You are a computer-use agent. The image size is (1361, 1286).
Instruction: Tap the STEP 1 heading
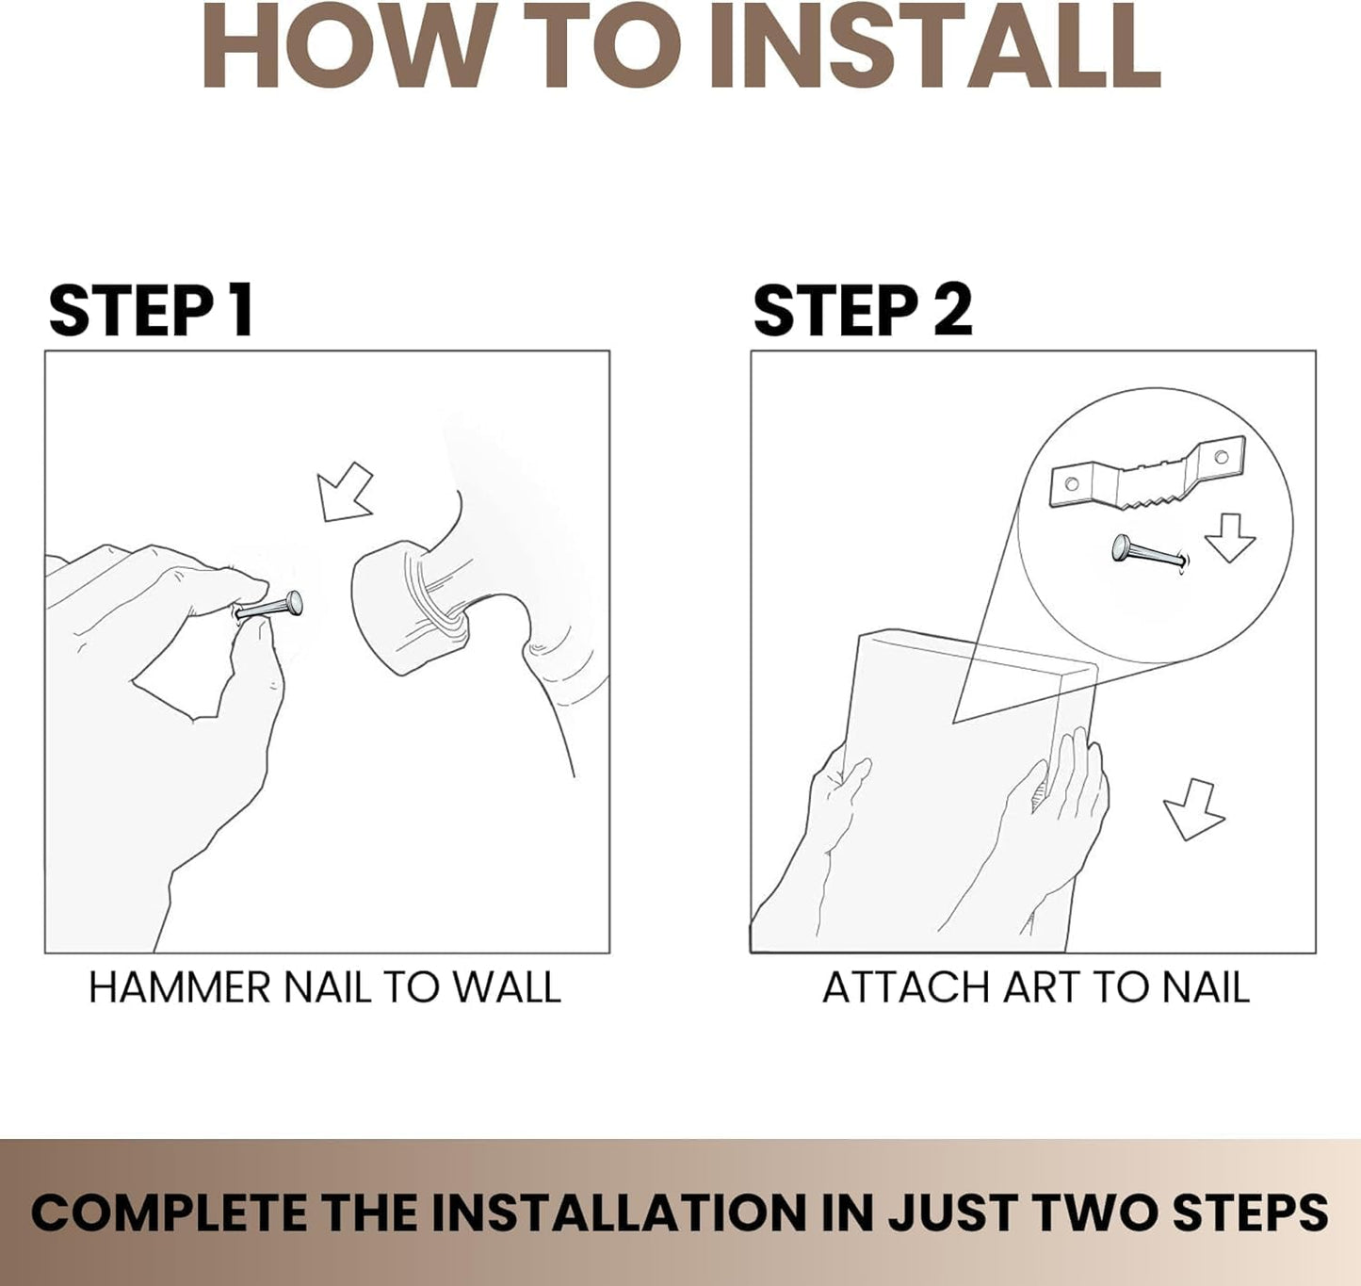pos(152,311)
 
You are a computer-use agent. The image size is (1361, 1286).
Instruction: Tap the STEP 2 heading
pos(863,311)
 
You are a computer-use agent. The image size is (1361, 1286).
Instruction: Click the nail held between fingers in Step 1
pos(268,606)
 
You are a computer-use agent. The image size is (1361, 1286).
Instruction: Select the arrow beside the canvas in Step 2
pos(1193,809)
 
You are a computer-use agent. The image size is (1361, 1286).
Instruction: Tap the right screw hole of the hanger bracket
pos(1222,456)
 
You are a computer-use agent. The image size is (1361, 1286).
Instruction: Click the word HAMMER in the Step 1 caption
pos(180,987)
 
